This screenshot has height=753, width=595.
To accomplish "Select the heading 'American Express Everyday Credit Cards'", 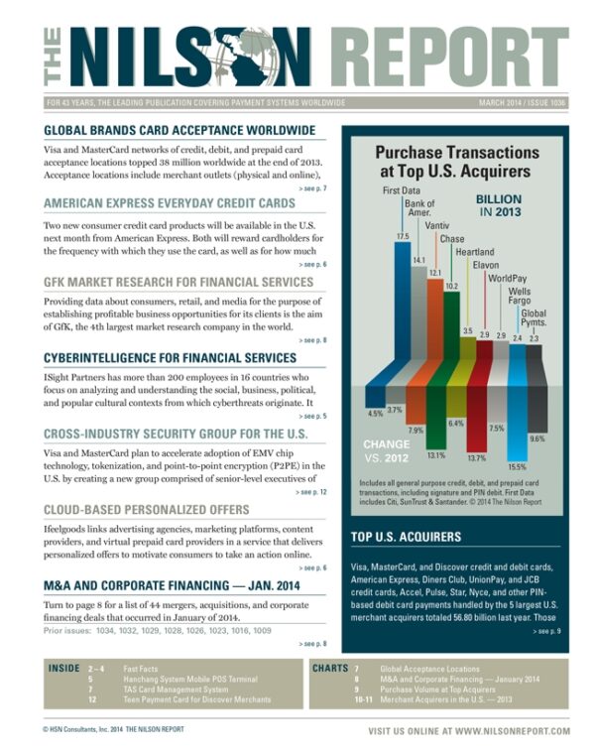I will pyautogui.click(x=169, y=203).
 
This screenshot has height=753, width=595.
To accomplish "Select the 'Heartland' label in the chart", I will pyautogui.click(x=474, y=252).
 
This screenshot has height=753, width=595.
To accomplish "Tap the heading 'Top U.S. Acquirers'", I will pyautogui.click(x=406, y=537).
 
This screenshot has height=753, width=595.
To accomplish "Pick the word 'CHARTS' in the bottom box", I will pyautogui.click(x=330, y=670).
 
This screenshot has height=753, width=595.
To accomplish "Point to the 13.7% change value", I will pyautogui.click(x=477, y=457).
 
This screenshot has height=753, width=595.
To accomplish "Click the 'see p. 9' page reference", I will pyautogui.click(x=547, y=631).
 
